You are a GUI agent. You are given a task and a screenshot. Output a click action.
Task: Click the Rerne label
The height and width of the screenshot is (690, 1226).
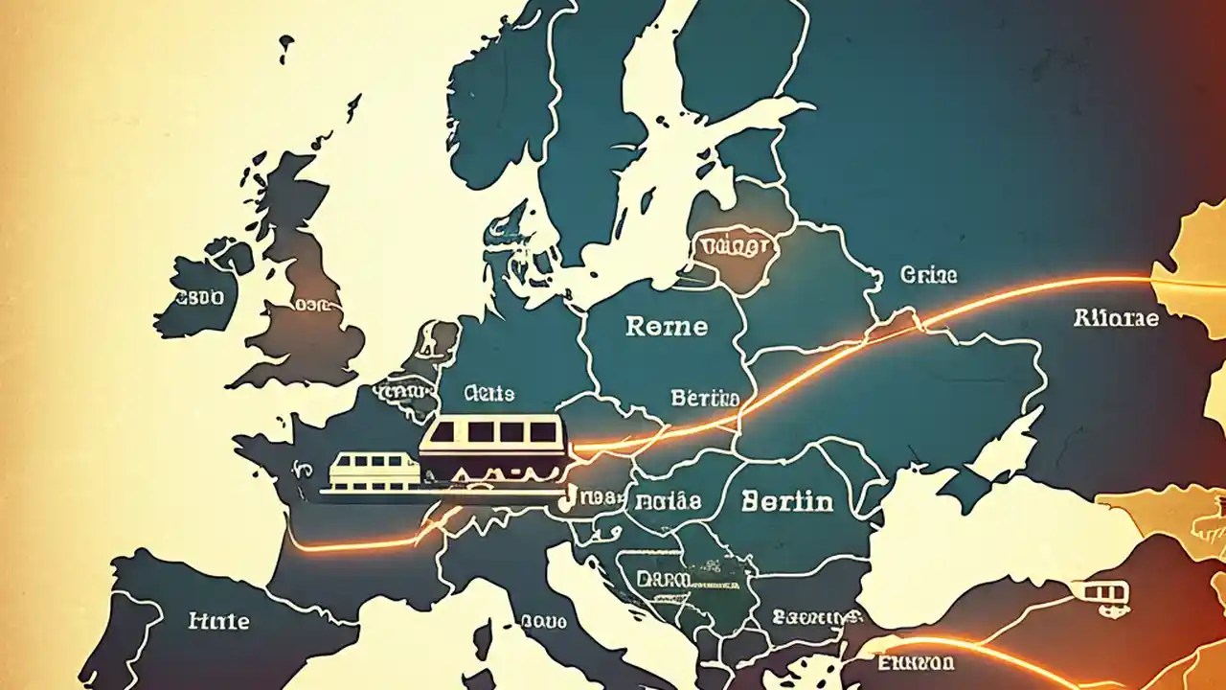pos(667,327)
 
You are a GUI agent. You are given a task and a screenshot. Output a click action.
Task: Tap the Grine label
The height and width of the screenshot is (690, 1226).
pos(928,276)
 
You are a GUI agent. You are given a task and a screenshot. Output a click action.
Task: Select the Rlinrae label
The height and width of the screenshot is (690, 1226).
pos(1116,318)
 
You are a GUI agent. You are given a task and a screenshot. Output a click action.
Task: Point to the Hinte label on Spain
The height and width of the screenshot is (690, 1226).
pos(219,621)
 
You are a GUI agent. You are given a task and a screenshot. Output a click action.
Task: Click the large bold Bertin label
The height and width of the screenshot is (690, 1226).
pos(786,500)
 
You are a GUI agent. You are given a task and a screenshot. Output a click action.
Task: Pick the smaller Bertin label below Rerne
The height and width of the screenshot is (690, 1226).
pos(705,398)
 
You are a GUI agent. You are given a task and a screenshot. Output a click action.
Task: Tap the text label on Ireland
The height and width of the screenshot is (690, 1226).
pos(197,298)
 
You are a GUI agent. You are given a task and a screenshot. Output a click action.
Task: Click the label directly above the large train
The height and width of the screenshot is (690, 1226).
pos(488,393)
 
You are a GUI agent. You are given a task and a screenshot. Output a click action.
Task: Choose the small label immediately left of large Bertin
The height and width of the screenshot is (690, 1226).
pos(669,500)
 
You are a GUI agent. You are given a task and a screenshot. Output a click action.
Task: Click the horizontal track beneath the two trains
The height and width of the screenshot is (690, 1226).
pos(441,494)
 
